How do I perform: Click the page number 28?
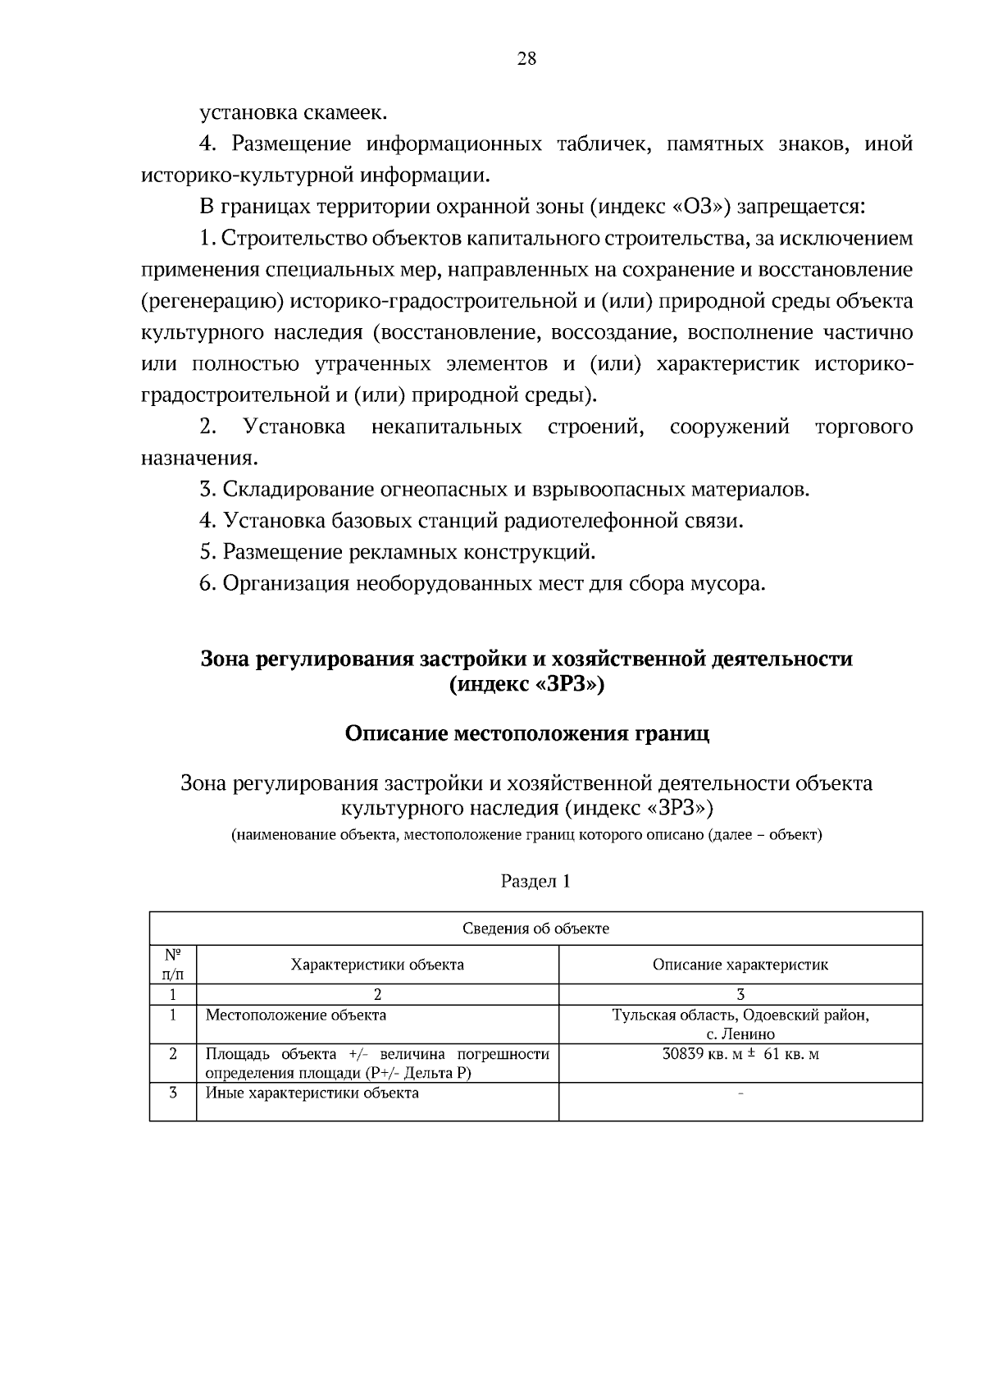click(x=526, y=59)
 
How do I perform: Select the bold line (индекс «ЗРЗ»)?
click(x=526, y=686)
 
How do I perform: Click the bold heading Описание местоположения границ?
click(x=526, y=733)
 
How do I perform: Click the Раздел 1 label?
click(x=535, y=882)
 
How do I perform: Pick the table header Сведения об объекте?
click(x=535, y=929)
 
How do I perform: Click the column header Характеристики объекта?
click(x=377, y=965)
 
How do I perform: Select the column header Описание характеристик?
click(x=740, y=965)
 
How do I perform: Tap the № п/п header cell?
click(x=173, y=965)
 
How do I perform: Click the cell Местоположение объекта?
click(x=295, y=1015)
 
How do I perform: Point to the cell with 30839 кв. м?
click(x=740, y=1054)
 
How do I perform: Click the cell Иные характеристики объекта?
click(x=312, y=1093)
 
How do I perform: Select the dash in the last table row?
click(x=740, y=1094)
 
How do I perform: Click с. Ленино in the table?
click(x=740, y=1034)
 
